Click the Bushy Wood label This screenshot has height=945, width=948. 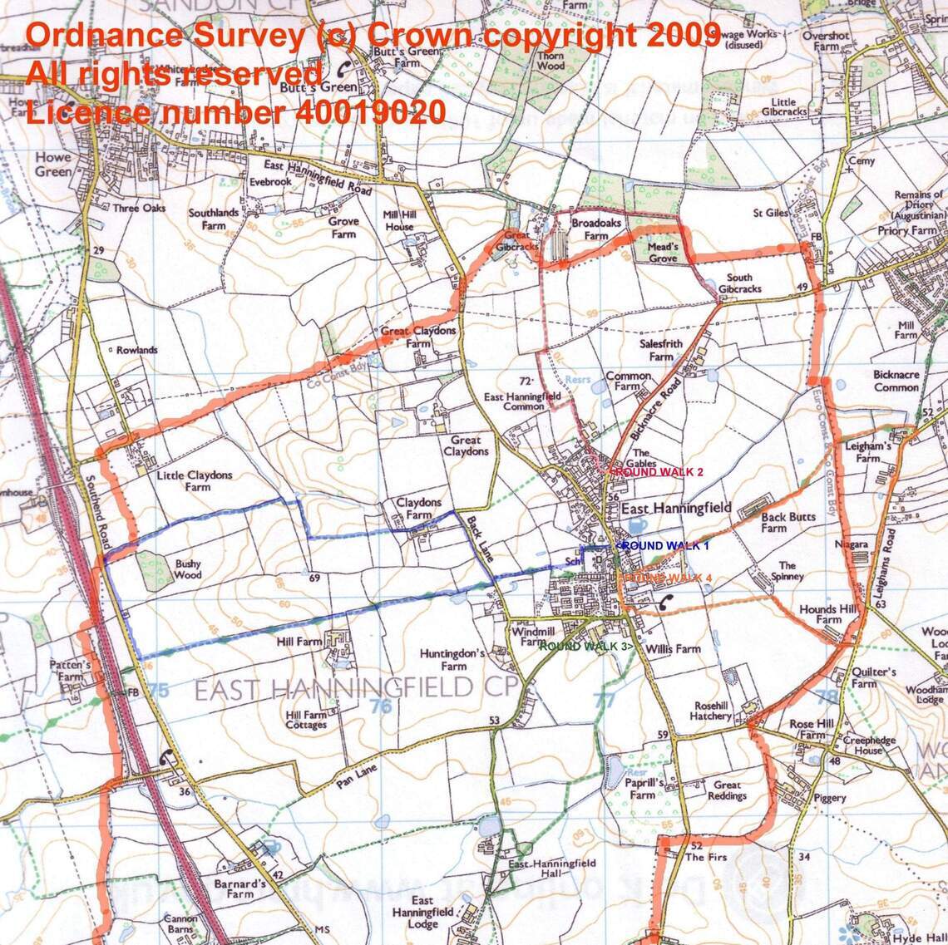pos(188,568)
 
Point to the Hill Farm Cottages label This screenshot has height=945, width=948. pos(306,720)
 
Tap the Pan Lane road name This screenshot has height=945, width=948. pos(358,775)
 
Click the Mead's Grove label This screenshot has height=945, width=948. pos(659,253)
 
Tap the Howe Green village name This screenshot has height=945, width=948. pos(53,165)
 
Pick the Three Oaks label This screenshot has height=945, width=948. pos(139,209)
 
